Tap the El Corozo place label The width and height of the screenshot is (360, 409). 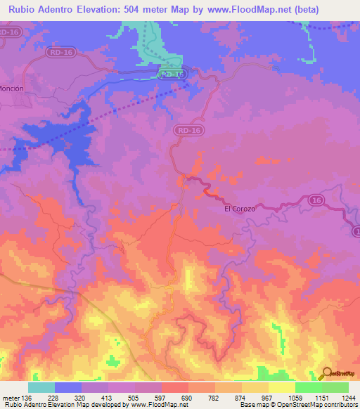[239, 209]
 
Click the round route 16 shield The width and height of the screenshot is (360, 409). [317, 201]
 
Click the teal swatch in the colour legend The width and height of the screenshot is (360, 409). [41, 387]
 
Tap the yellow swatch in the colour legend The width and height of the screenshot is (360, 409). [282, 387]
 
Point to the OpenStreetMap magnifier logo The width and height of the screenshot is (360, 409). [326, 373]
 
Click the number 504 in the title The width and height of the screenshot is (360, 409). [139, 9]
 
